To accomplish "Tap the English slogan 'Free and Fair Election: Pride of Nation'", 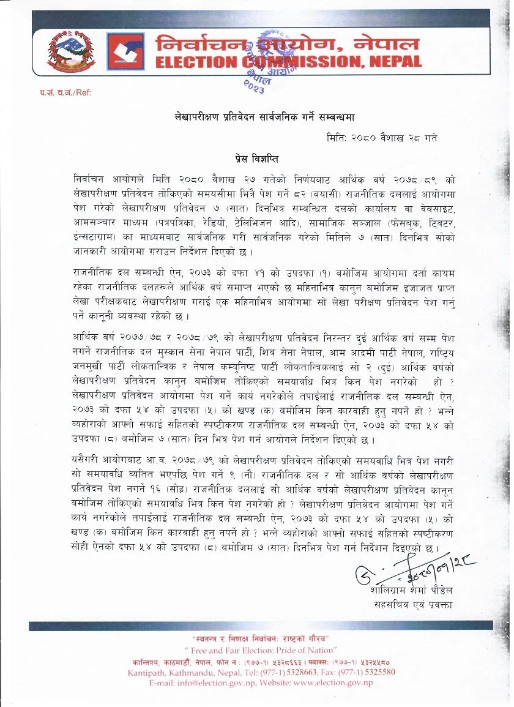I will (x=259, y=649).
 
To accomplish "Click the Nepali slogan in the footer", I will (x=259, y=639).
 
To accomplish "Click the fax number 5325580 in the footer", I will (x=375, y=672).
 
